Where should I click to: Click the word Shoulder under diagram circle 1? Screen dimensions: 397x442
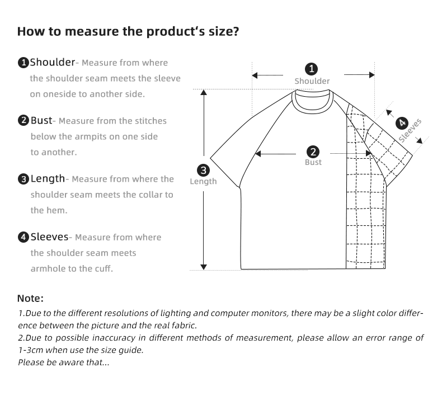pos(312,81)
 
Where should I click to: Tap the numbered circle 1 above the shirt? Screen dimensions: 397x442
pos(312,69)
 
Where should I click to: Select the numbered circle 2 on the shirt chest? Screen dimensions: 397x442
pos(313,152)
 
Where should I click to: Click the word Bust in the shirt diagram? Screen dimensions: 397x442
pos(313,162)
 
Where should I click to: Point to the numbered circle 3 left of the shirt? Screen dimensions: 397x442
pos(203,170)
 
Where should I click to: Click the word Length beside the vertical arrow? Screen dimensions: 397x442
pos(203,181)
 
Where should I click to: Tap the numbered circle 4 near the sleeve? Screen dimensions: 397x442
pos(401,123)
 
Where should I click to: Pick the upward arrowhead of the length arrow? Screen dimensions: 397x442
pos(204,95)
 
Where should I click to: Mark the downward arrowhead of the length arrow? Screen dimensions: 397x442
pos(204,266)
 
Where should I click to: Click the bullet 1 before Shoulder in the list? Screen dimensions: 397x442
pos(23,63)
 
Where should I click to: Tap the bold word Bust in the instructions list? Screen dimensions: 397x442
pos(41,120)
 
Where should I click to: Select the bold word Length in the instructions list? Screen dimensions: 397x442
pos(48,178)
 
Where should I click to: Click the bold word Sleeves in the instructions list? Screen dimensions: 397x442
pos(49,237)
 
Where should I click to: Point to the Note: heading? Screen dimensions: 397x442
pos(30,299)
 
